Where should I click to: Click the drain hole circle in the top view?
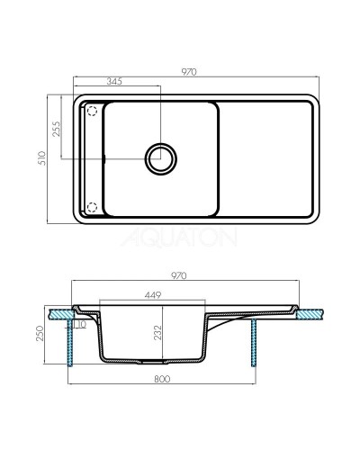[x=160, y=158]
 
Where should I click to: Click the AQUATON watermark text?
[x=189, y=238]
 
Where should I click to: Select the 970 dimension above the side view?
[x=189, y=275]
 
